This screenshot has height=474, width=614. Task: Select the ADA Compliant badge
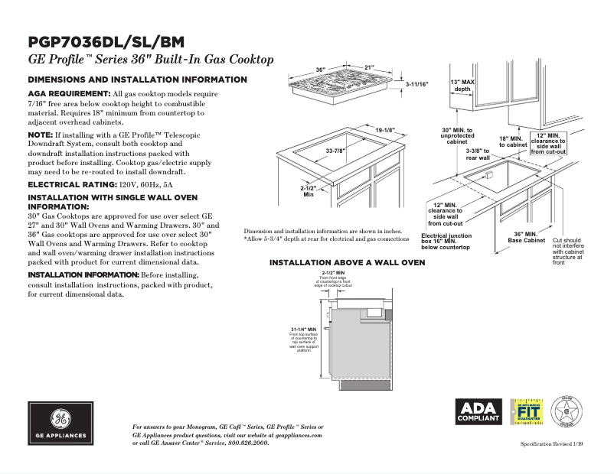[x=478, y=411]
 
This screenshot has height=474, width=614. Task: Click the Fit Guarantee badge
[x=526, y=411]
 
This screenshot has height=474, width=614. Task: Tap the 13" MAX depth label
[x=463, y=85]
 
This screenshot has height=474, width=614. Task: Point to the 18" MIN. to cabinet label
[x=514, y=141]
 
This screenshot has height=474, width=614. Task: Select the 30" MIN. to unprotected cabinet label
[x=457, y=136]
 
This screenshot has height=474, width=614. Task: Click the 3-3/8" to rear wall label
[x=478, y=154]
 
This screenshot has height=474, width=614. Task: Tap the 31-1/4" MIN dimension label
[x=303, y=329]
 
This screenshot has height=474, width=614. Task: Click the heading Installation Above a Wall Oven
[x=347, y=263]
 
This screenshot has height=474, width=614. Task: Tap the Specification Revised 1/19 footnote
[x=556, y=444]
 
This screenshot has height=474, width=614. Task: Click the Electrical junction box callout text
[x=446, y=242]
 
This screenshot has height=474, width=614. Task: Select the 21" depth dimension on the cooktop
[x=369, y=68]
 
